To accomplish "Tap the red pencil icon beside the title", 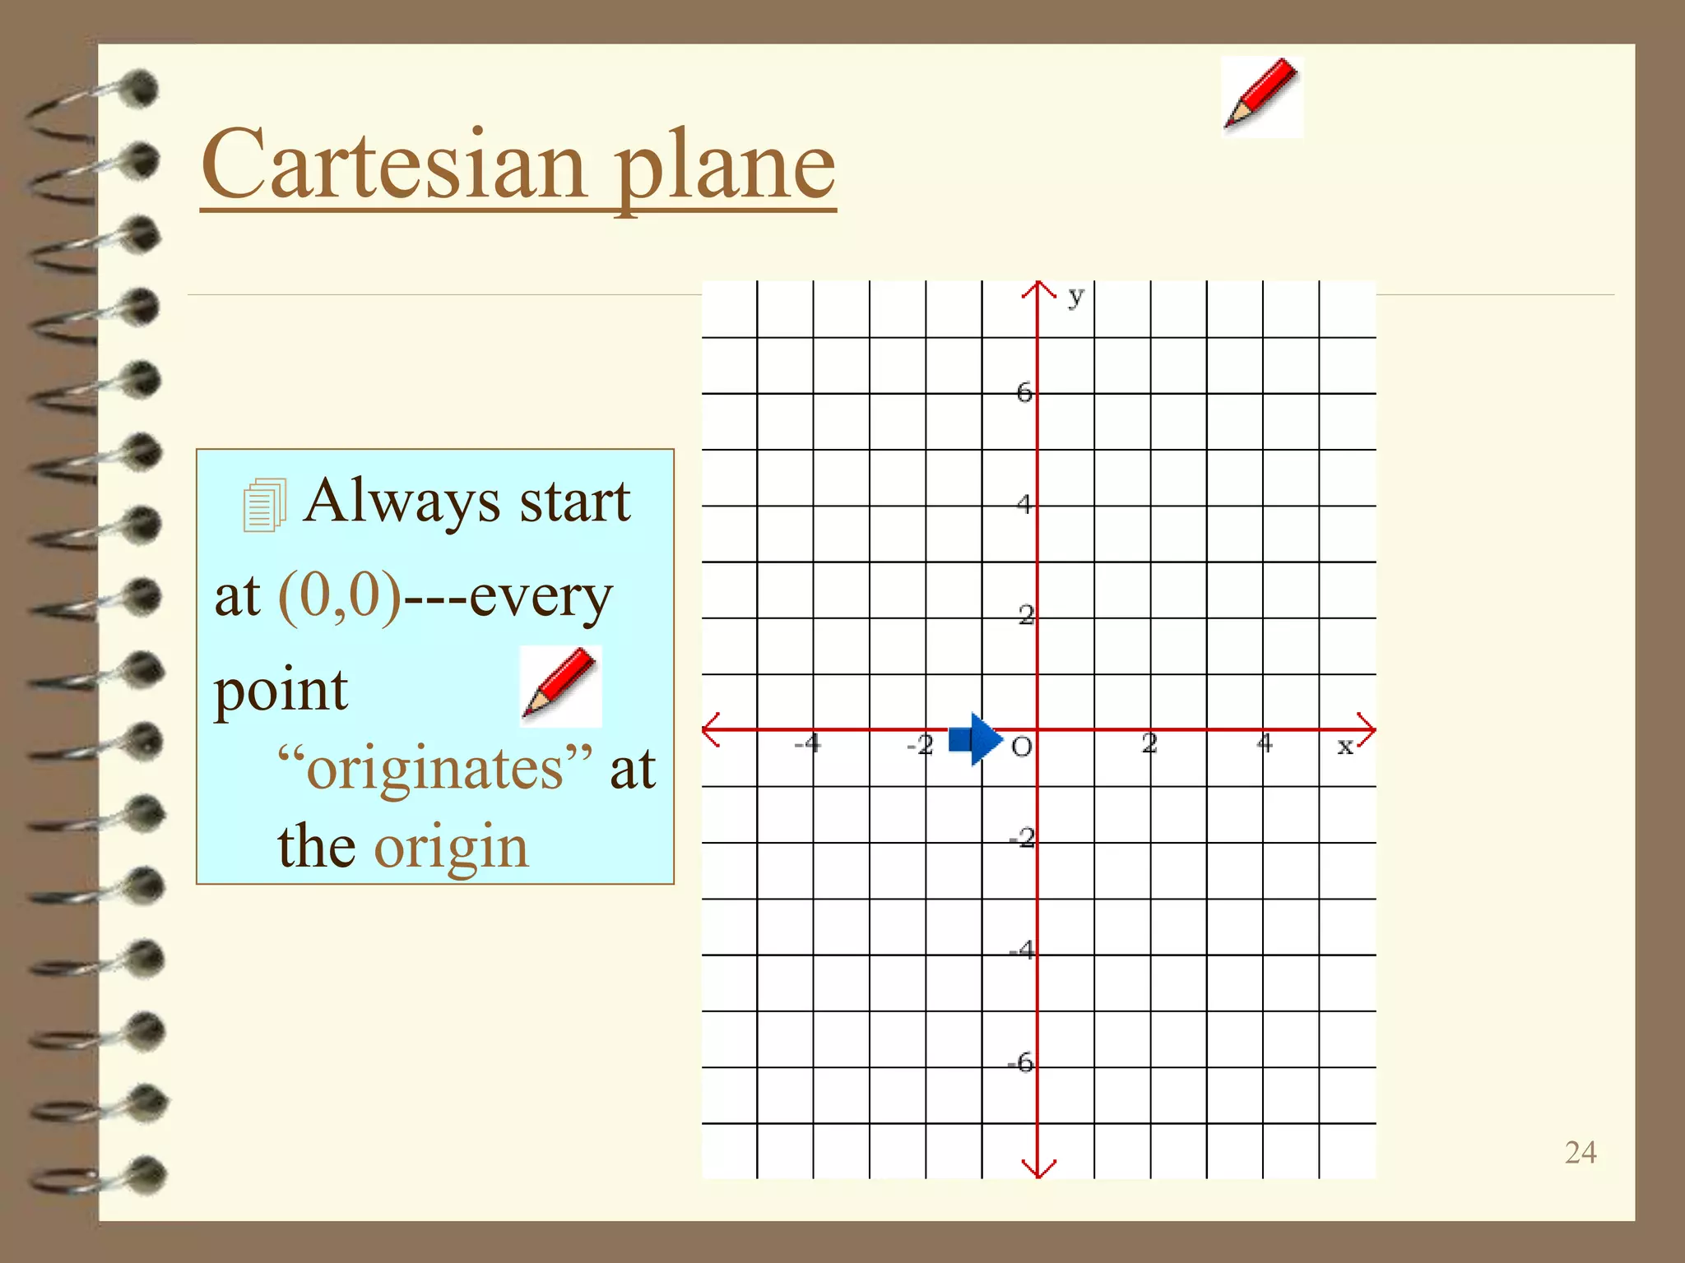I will pyautogui.click(x=1261, y=95).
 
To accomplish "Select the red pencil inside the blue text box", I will pyautogui.click(x=561, y=685).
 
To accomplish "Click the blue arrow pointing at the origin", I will pyautogui.click(x=976, y=739).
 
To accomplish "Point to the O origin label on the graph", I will pyautogui.click(x=1021, y=747).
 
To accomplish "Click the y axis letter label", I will pyautogui.click(x=1075, y=296).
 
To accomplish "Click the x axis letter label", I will pyautogui.click(x=1344, y=746).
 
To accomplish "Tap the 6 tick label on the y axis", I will pyautogui.click(x=1024, y=392).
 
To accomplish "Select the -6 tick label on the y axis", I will pyautogui.click(x=1021, y=1062).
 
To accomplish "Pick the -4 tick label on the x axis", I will pyautogui.click(x=807, y=743).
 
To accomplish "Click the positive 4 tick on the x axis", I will pyautogui.click(x=1265, y=743).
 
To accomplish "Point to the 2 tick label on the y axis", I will pyautogui.click(x=1026, y=614).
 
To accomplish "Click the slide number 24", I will pyautogui.click(x=1580, y=1152).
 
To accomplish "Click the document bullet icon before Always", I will pyautogui.click(x=264, y=505).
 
